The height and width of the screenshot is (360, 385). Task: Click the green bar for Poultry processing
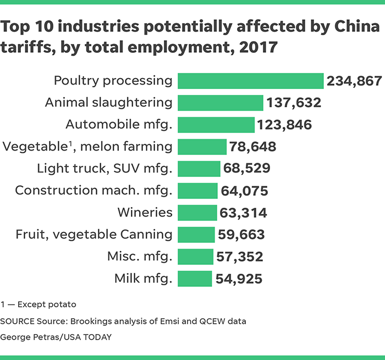(250, 81)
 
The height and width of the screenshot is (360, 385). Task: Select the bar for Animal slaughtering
(220, 103)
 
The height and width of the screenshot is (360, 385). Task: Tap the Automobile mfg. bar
(216, 125)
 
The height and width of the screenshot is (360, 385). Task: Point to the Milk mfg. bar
(194, 279)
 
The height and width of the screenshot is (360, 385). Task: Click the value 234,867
(354, 81)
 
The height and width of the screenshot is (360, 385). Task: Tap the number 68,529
(246, 169)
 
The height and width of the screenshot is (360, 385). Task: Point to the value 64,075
(244, 191)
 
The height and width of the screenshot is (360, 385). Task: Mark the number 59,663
(241, 235)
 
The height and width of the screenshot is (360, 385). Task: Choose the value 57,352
(239, 257)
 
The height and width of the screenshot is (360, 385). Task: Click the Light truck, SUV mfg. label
(105, 169)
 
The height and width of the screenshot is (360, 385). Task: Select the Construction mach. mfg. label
(94, 191)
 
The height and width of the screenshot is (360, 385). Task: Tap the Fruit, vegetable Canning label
(94, 235)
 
